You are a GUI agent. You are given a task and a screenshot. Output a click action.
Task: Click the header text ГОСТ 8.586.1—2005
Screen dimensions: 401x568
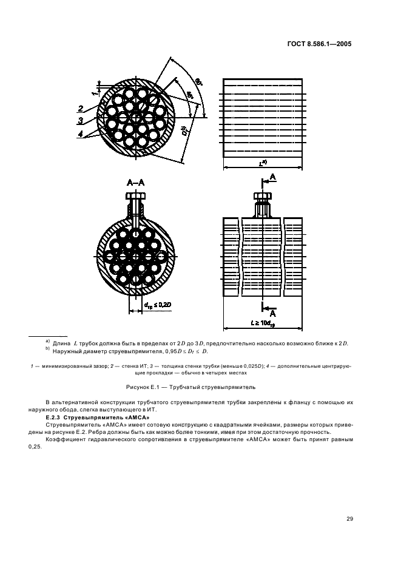(x=319, y=44)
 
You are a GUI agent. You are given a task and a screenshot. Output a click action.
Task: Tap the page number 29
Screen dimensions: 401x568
(x=349, y=519)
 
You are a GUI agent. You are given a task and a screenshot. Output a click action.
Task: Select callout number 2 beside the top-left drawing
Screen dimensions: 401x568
(x=81, y=109)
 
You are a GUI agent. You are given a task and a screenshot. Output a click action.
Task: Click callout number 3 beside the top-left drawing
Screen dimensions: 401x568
(x=81, y=121)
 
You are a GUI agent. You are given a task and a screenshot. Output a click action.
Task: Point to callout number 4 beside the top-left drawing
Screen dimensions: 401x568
(x=81, y=134)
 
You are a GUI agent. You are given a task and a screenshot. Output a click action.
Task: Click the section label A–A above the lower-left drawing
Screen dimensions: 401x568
(x=135, y=183)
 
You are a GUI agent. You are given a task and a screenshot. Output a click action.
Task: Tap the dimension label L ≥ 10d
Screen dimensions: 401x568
(x=263, y=323)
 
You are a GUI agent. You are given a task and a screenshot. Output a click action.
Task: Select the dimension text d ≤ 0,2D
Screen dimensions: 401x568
(x=157, y=305)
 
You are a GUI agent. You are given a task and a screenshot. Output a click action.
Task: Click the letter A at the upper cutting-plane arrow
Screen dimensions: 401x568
(x=273, y=177)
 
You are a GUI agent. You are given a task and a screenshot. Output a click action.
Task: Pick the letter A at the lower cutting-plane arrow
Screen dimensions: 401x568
(x=273, y=313)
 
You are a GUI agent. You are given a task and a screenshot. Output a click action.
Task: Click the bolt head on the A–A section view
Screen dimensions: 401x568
(x=135, y=197)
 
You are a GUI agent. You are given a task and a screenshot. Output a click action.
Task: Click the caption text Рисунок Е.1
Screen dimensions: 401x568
(x=140, y=387)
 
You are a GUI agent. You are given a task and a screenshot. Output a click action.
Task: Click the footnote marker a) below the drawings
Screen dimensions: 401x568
(x=47, y=341)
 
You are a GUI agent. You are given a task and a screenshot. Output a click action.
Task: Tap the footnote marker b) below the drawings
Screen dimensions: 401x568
(x=47, y=349)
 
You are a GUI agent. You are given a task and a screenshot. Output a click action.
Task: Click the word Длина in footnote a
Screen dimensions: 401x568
(x=62, y=343)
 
